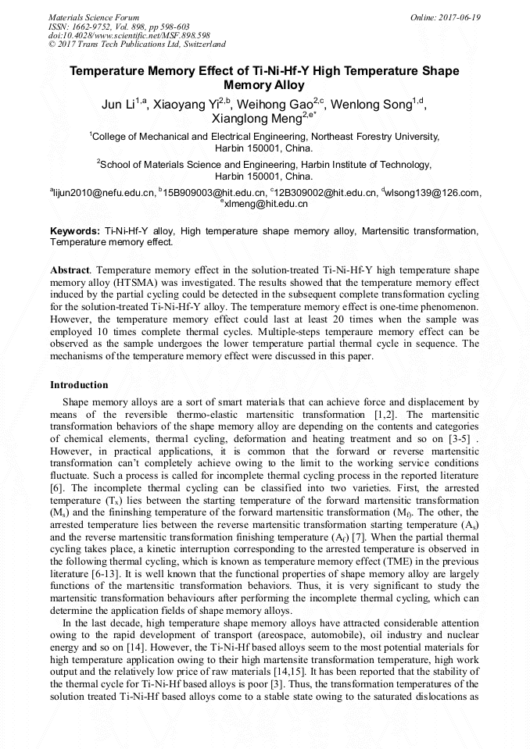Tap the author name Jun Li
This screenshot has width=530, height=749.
coord(118,105)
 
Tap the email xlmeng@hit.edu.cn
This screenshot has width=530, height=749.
coord(266,204)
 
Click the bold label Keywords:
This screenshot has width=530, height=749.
coord(75,231)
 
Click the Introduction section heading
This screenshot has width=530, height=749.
coord(79,385)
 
